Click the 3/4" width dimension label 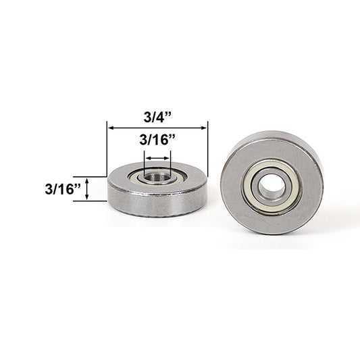[x=158, y=115]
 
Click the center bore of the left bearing [x=157, y=177]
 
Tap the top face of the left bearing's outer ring [x=125, y=174]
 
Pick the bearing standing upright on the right [x=272, y=182]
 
